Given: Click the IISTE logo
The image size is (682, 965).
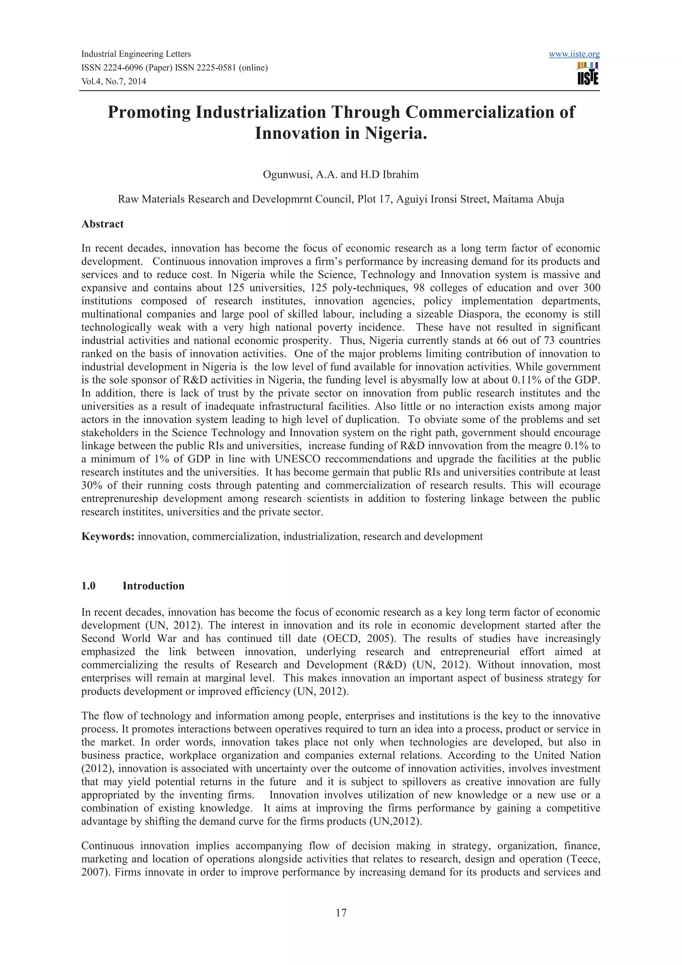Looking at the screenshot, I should point(588,74).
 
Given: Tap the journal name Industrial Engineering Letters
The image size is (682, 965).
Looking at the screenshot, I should point(136,54).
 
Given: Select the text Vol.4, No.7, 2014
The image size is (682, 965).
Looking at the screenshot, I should point(114,82).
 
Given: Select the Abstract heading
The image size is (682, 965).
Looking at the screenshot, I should point(103,224).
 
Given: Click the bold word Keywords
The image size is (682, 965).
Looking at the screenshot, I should point(108,537).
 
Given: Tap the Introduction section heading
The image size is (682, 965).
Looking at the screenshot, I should point(154,586).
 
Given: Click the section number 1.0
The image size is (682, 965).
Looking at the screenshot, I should point(89,586).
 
